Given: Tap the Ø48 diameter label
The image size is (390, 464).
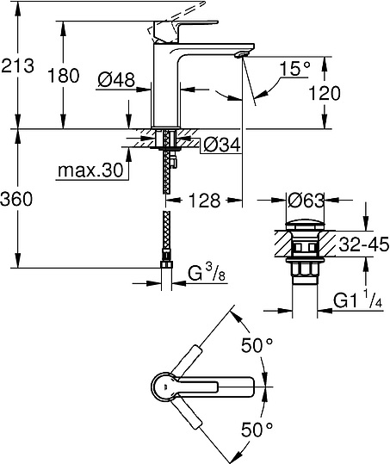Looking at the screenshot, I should click(115, 80).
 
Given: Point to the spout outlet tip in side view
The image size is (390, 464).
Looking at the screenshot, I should click(241, 54).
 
